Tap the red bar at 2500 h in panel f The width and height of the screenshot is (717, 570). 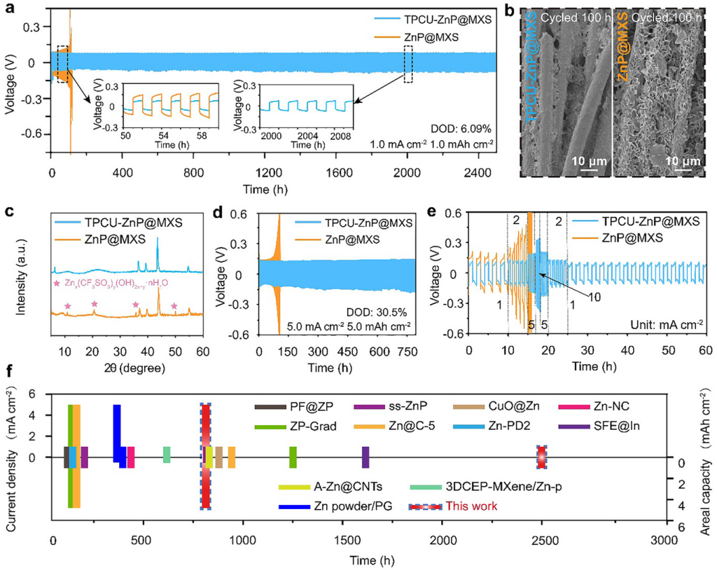click(541, 457)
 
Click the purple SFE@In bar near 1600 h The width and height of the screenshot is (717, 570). click(366, 457)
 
